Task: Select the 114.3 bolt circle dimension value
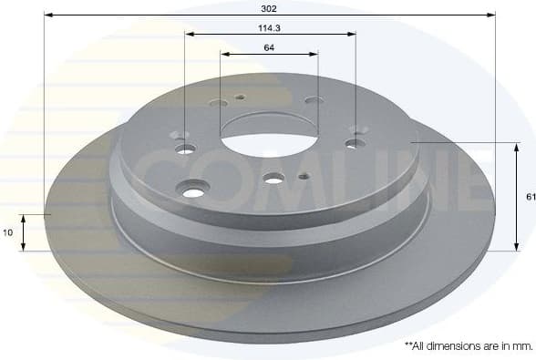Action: tap(270, 27)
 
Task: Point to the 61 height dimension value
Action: tap(530, 196)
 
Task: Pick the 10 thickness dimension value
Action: tap(8, 232)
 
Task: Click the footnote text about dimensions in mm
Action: tap(467, 346)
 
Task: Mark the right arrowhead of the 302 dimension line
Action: tap(491, 15)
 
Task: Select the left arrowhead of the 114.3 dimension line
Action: tap(189, 35)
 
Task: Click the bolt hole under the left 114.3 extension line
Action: tap(185, 149)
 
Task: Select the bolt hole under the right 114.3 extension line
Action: tap(354, 143)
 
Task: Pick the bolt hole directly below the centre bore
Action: tap(274, 179)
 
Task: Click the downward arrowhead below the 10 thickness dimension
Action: tap(25, 247)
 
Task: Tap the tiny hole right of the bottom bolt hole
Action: tap(304, 176)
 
